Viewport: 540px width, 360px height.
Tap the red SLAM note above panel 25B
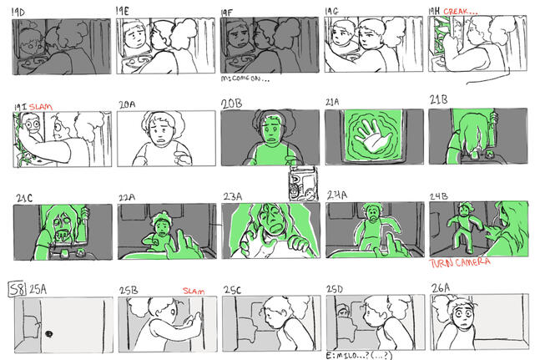click(193, 291)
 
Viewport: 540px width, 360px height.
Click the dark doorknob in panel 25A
click(49, 335)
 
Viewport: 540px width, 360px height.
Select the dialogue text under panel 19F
click(246, 80)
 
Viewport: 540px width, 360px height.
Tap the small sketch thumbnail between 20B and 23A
click(300, 185)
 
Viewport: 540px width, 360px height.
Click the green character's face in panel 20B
click(270, 130)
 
